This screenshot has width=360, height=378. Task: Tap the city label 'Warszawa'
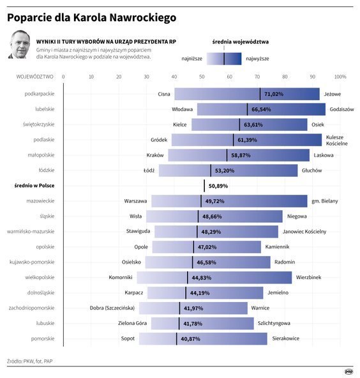[x=135, y=201]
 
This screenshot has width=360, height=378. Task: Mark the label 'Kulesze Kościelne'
[x=336, y=140]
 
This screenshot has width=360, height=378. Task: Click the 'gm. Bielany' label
[x=324, y=201]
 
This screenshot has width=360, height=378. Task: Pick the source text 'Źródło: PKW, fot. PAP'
[x=31, y=359]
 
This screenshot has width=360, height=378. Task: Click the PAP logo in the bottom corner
[x=349, y=370]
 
